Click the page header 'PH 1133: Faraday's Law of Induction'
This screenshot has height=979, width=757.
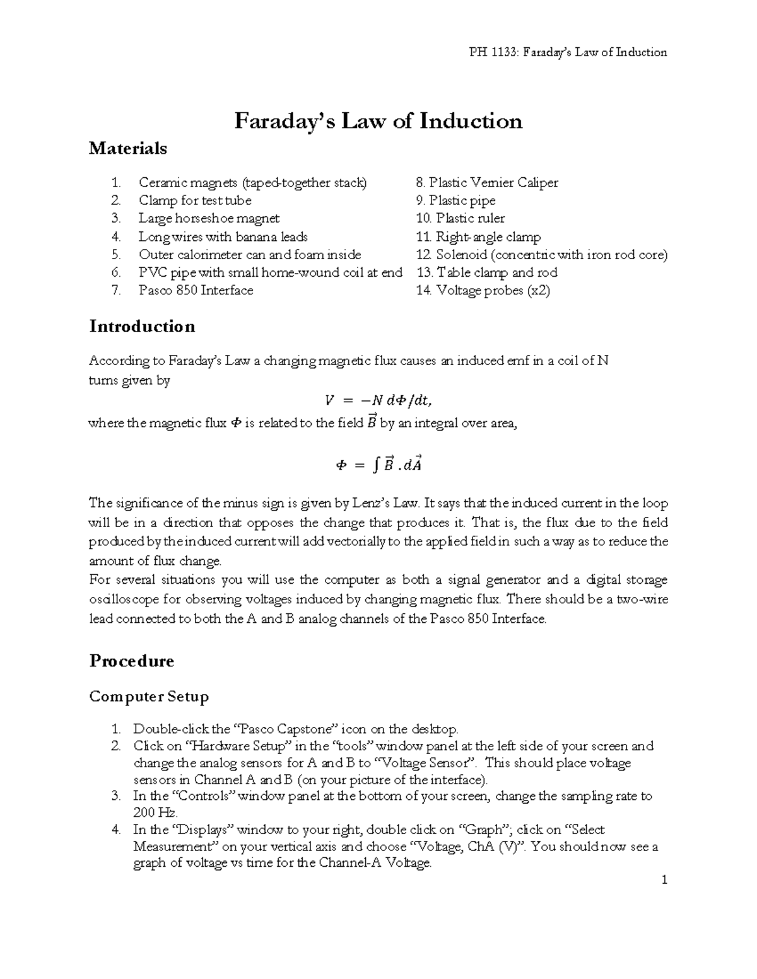pyautogui.click(x=565, y=52)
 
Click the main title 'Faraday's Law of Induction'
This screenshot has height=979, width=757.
pyautogui.click(x=378, y=120)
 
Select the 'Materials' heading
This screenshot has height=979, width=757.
pyautogui.click(x=128, y=149)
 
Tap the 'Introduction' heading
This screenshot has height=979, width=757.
pyautogui.click(x=142, y=327)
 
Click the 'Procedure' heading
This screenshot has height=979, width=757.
pyautogui.click(x=131, y=661)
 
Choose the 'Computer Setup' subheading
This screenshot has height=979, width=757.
pyautogui.click(x=149, y=697)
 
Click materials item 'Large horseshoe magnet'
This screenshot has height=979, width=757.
pyautogui.click(x=209, y=219)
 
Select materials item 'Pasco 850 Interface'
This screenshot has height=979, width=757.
pyautogui.click(x=196, y=291)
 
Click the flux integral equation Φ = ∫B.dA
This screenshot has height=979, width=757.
pyautogui.click(x=378, y=465)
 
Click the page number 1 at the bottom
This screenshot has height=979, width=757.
pyautogui.click(x=664, y=879)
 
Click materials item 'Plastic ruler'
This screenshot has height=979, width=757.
pyautogui.click(x=470, y=219)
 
